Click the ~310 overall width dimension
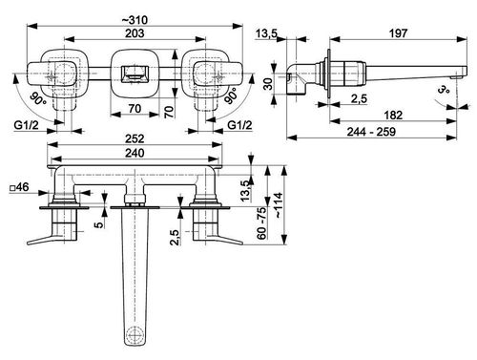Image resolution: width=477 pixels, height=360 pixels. [135, 20]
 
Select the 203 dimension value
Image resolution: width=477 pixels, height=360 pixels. [135, 33]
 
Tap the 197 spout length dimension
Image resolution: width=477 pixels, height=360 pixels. [398, 33]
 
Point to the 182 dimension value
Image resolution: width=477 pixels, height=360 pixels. [393, 115]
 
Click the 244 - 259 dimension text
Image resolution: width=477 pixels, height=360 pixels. [371, 132]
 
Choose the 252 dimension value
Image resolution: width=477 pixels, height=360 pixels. [135, 138]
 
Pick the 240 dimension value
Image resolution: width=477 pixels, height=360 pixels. [135, 153]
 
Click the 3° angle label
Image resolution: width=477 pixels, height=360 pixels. [444, 89]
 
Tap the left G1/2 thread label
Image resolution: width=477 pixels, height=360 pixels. [26, 125]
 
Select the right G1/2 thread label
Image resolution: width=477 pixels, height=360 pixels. [239, 125]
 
